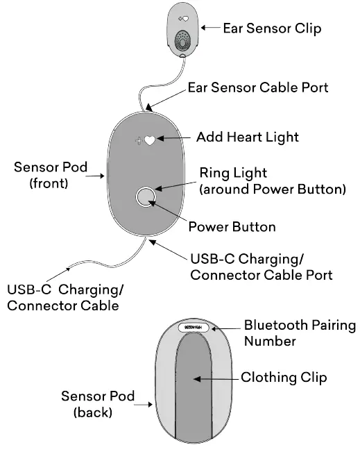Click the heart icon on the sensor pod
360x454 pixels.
click(x=150, y=141)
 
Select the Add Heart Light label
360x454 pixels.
click(x=248, y=137)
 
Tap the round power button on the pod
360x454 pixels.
click(x=146, y=198)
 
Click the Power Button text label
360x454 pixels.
click(x=232, y=227)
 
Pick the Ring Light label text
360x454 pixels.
click(x=273, y=180)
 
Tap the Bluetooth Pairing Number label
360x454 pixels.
click(x=299, y=333)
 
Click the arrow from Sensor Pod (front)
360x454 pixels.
click(x=94, y=176)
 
